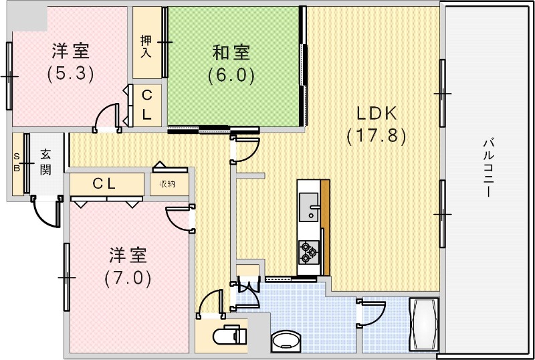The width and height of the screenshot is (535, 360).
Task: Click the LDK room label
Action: [376, 113]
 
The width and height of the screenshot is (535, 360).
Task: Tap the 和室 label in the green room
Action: [231, 52]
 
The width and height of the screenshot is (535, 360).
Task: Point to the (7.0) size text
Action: [128, 277]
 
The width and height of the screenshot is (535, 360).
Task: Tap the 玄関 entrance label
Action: [45, 161]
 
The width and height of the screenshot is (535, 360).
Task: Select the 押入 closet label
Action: [146, 46]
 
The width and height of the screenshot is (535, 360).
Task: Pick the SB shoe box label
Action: [17, 162]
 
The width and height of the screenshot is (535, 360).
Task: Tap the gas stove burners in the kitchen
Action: [308, 251]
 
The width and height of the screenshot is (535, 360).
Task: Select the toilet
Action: [227, 337]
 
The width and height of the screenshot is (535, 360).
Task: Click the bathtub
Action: [424, 324]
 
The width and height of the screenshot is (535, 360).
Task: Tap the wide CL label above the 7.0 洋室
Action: [105, 183]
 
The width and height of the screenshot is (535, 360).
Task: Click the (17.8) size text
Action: [376, 136]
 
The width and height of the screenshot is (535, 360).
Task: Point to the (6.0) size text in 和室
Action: [231, 75]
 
